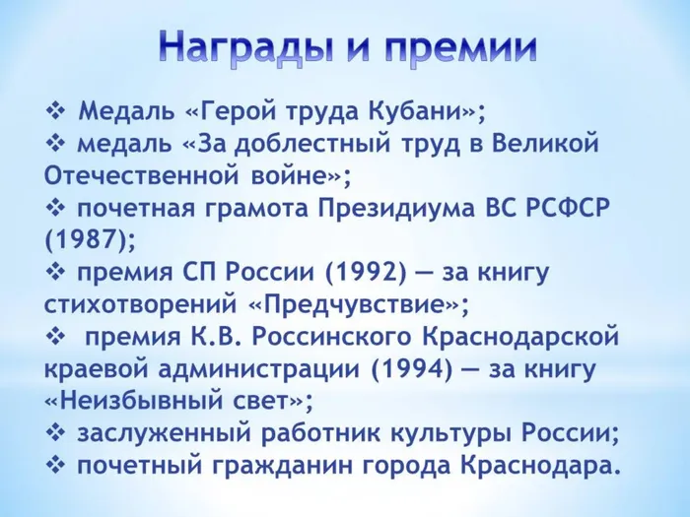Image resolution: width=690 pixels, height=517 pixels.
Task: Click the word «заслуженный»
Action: coord(147,433)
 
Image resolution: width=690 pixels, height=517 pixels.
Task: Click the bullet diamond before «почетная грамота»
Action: coord(55,209)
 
